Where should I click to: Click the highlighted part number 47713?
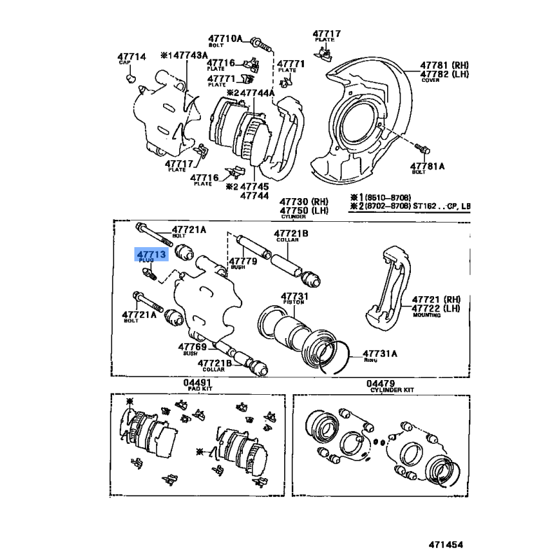click(x=150, y=255)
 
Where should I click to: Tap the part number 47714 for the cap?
click(x=131, y=56)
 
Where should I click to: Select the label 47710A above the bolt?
click(x=224, y=38)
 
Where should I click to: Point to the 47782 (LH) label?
click(x=444, y=73)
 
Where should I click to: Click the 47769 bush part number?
click(x=192, y=346)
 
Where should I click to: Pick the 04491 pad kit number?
click(x=197, y=383)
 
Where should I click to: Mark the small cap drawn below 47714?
click(x=129, y=78)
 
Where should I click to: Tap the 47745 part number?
click(x=255, y=187)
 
